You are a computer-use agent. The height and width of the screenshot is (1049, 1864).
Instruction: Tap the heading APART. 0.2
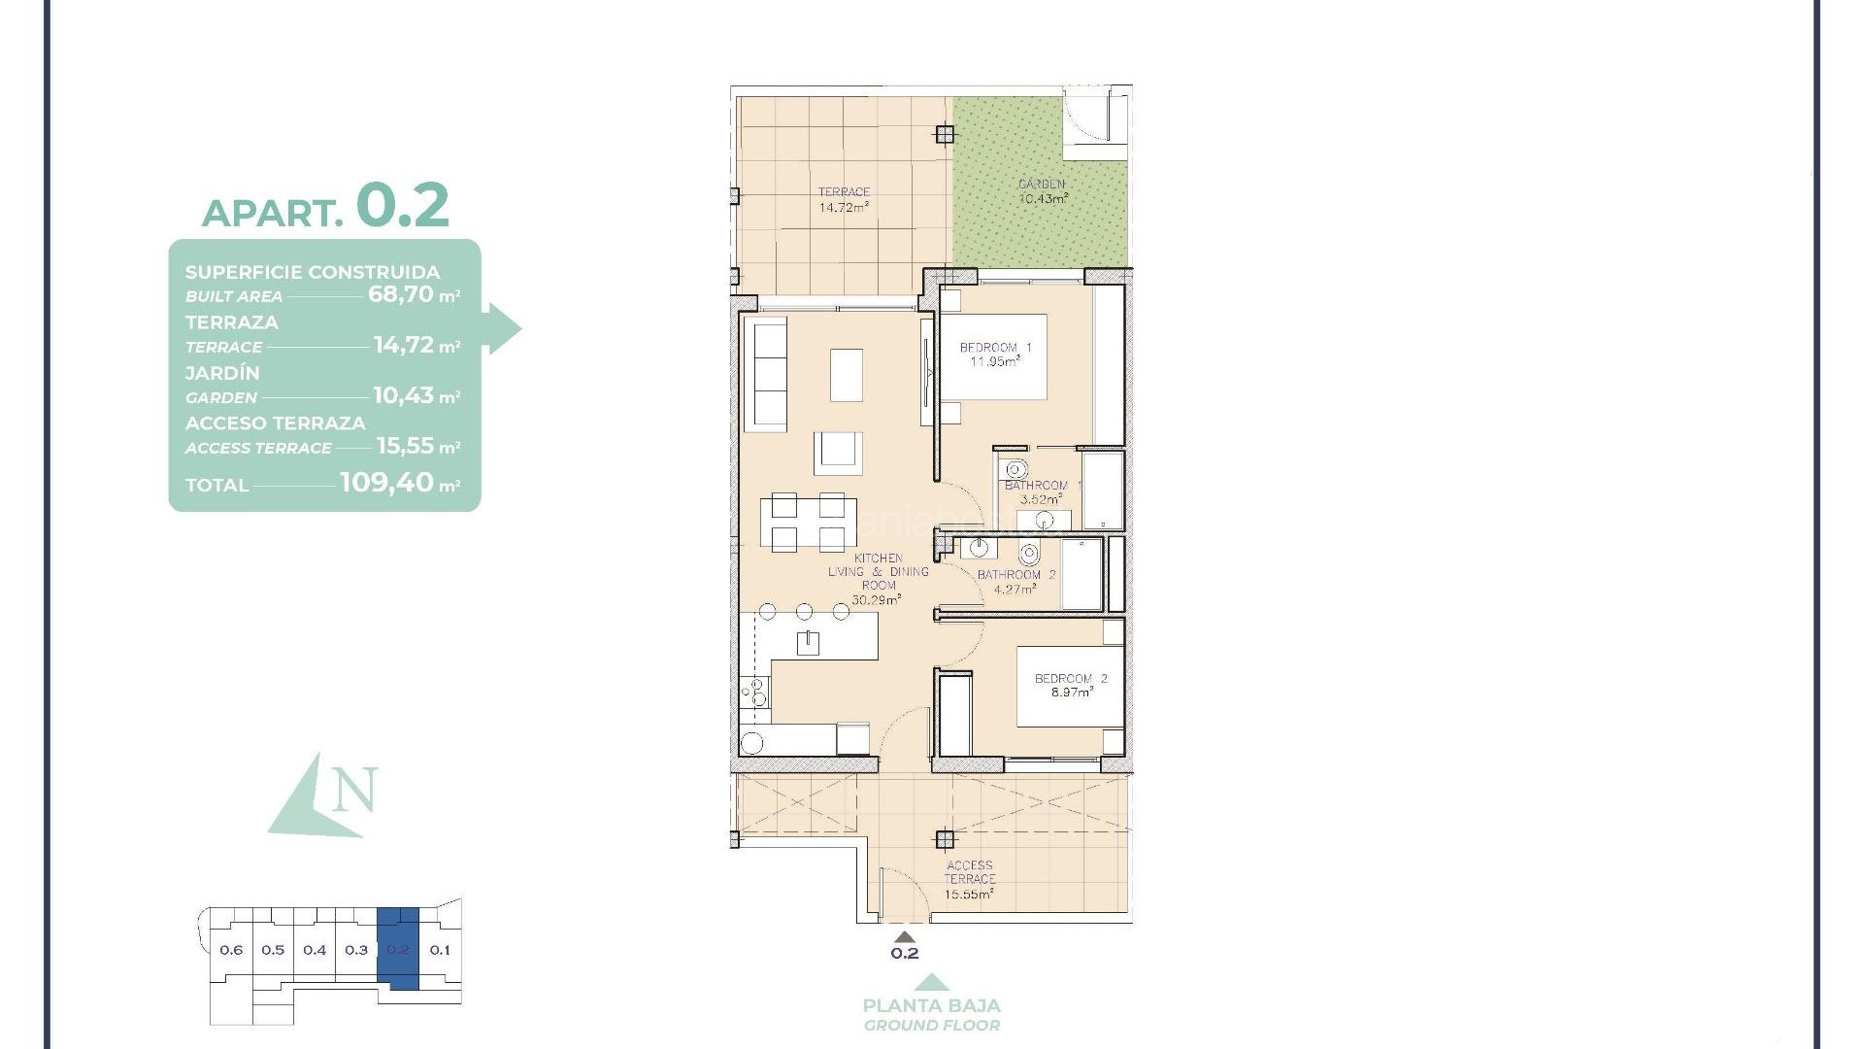coord(325,206)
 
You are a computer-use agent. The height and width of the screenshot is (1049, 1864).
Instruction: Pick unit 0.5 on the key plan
coord(273,950)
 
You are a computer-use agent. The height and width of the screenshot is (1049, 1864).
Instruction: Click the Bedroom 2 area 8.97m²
coord(1071,693)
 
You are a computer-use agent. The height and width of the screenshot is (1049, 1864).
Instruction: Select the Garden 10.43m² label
coord(1043,190)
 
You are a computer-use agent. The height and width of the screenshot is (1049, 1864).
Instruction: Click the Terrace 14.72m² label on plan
coord(843,199)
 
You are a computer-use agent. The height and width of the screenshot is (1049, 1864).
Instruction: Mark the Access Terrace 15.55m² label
coord(969,879)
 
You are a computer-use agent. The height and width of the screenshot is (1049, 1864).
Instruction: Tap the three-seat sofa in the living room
coord(766,376)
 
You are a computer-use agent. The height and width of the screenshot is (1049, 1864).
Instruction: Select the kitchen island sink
coord(808,642)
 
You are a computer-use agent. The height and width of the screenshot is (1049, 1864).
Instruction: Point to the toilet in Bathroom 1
coord(1017,470)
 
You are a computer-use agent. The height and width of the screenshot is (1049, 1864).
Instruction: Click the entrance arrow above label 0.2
coord(904,937)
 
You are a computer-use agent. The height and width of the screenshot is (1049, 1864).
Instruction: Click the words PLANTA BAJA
coord(931,1006)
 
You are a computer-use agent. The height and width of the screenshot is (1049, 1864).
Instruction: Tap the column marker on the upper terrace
coord(944,134)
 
